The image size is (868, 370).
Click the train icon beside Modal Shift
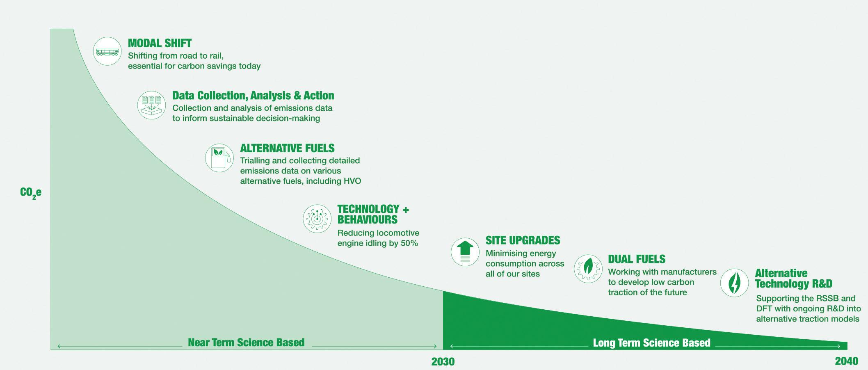click(x=107, y=51)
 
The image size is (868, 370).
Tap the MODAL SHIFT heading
click(x=160, y=43)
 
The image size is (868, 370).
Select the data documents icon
click(x=151, y=105)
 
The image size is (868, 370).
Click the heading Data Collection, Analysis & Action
click(x=253, y=96)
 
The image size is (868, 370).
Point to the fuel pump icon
click(x=219, y=158)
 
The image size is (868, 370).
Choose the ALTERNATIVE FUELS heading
click(x=287, y=148)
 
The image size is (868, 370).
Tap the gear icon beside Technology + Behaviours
click(x=317, y=219)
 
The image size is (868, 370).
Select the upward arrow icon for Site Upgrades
click(x=465, y=252)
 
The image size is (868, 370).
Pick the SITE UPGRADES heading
click(x=523, y=240)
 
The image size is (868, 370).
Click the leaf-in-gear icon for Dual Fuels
click(x=588, y=269)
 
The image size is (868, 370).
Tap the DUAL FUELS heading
click(x=637, y=259)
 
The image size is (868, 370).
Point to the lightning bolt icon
click(x=735, y=283)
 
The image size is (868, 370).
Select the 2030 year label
click(x=443, y=362)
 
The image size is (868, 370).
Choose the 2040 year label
click(x=846, y=361)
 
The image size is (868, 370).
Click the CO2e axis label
click(x=31, y=193)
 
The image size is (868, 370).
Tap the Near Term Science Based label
click(x=246, y=343)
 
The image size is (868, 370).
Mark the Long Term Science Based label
click(x=651, y=343)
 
